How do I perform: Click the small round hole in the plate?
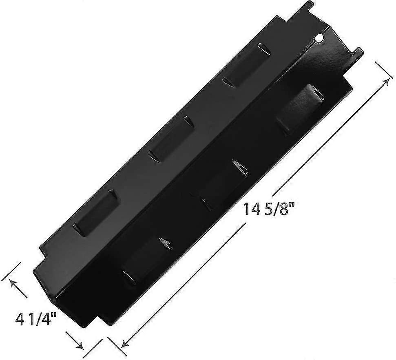coord(320,39)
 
